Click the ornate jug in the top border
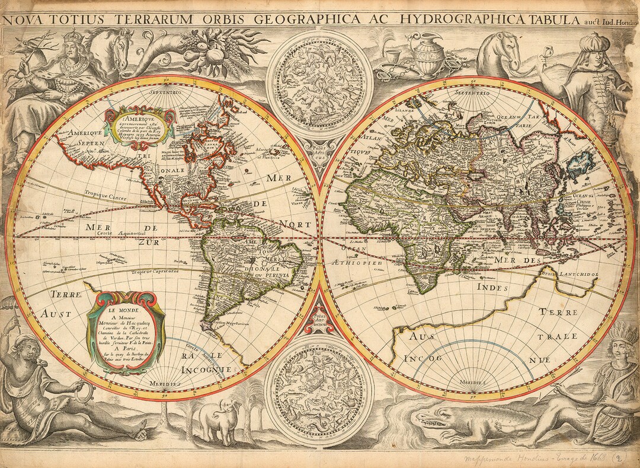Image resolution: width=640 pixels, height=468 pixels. click(428, 56)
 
